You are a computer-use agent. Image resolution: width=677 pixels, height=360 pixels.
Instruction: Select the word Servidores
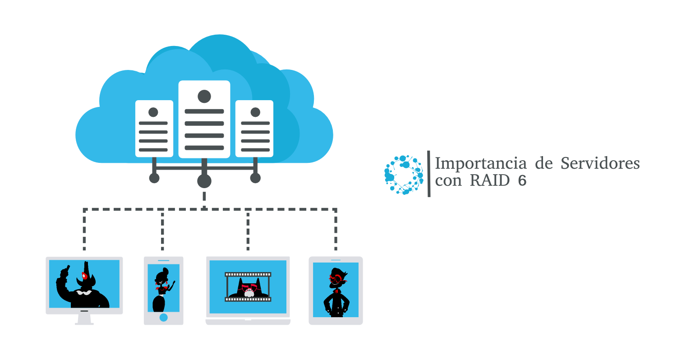[x=600, y=163]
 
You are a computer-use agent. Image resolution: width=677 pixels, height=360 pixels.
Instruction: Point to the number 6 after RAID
[x=522, y=181]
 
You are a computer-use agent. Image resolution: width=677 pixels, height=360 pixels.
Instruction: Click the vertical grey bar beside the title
[x=428, y=174]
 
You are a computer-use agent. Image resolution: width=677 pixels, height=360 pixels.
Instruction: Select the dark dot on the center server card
[x=204, y=96]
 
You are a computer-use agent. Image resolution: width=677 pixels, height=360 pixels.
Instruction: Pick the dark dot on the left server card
[x=153, y=111]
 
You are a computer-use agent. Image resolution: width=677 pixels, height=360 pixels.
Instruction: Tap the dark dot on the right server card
[x=255, y=111]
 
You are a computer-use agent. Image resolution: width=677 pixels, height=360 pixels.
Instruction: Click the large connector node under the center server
[x=204, y=181]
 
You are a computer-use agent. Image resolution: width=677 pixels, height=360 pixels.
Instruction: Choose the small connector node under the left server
[x=154, y=178]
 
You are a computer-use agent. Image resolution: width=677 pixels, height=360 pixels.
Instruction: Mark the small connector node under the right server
[x=255, y=178]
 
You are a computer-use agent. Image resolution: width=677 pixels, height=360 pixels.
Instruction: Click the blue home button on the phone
[x=164, y=318]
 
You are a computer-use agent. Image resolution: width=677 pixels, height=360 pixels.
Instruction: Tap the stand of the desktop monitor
[x=84, y=319]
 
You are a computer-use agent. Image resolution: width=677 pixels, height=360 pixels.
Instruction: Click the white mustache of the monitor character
[x=83, y=292]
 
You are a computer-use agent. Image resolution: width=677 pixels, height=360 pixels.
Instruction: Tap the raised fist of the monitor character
[x=63, y=272]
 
